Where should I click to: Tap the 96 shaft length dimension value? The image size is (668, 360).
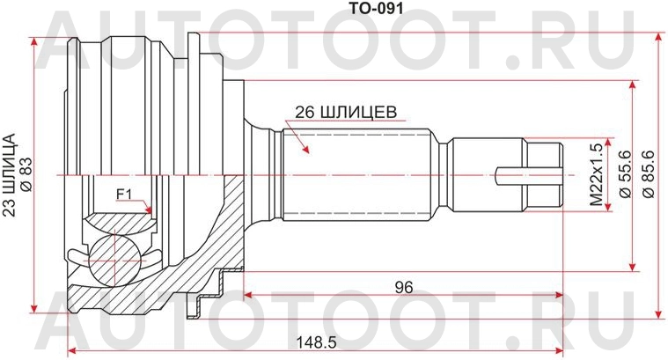coord(404,286)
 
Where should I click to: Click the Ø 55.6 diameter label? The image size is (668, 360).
coord(624,173)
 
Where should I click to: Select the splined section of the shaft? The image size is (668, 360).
coord(356,174)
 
